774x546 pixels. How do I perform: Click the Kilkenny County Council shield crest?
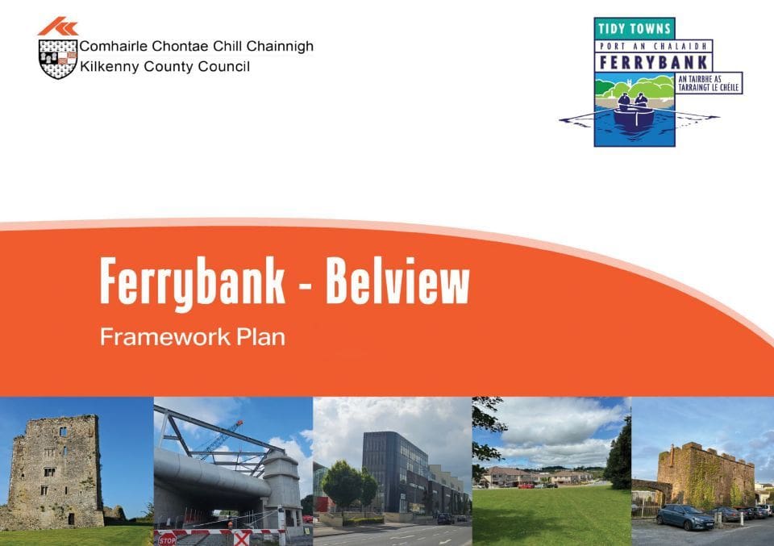tap(58, 59)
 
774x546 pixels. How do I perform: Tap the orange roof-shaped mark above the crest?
tap(58, 26)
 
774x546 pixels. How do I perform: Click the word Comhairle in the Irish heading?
tap(114, 46)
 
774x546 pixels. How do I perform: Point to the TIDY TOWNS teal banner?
tap(635, 29)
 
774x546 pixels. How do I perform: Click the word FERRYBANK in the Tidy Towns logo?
tap(654, 62)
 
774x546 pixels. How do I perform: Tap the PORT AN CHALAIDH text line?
tap(654, 47)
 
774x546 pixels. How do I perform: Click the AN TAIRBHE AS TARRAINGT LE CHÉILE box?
tap(709, 83)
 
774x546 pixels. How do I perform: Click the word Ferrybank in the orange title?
tap(193, 283)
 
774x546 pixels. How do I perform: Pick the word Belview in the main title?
tap(397, 281)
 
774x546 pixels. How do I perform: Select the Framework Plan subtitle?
tap(193, 337)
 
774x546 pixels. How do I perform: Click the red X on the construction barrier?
tap(241, 538)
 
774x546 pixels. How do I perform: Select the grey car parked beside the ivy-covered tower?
tap(685, 517)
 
